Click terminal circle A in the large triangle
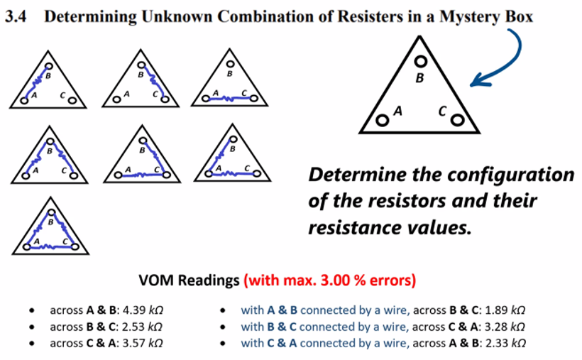pos(382,120)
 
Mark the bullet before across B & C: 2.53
pos(32,327)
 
